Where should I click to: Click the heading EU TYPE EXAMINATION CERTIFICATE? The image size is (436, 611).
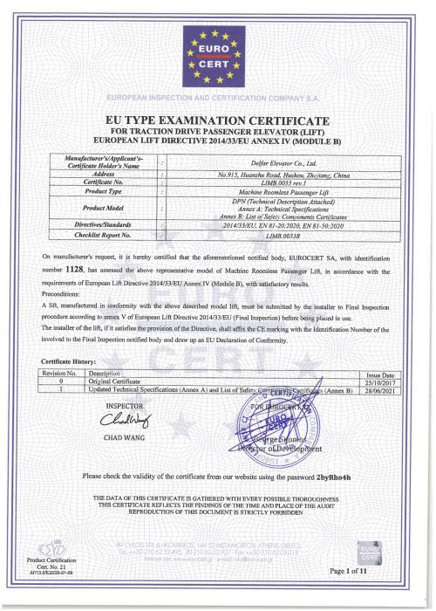(217, 119)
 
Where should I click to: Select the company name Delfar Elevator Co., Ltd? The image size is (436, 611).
(263, 162)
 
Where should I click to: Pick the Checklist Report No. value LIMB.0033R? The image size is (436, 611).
(263, 235)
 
